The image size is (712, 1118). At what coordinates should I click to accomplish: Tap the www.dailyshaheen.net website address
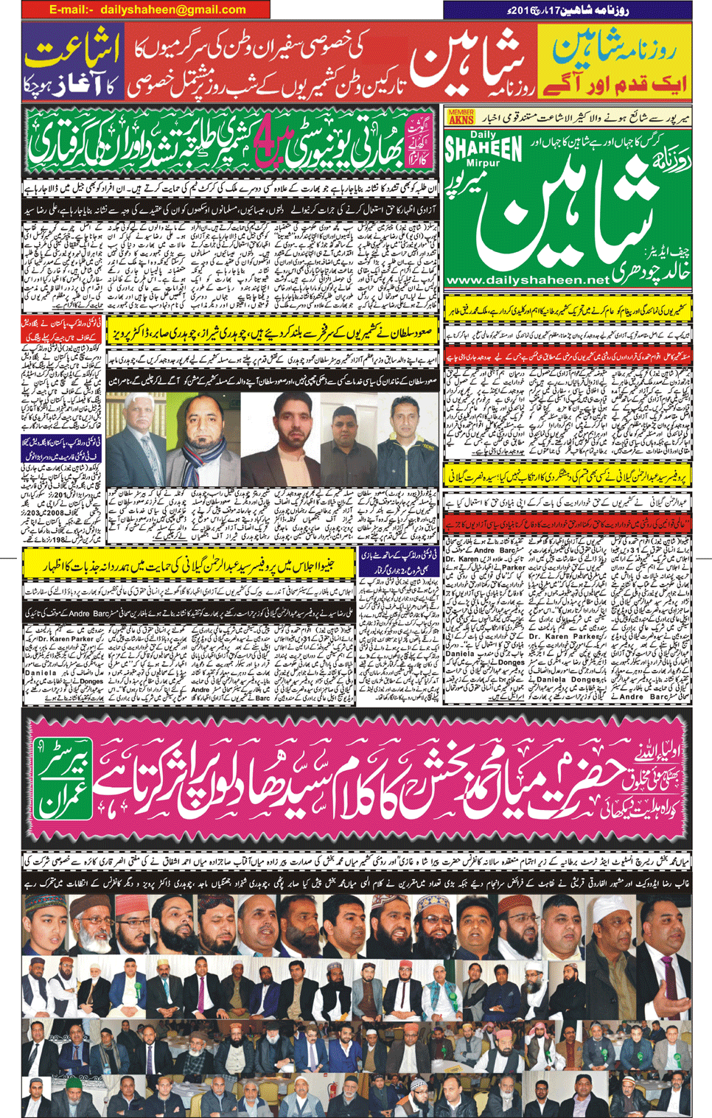click(528, 280)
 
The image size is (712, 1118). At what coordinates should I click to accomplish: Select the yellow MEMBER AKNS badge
click(460, 116)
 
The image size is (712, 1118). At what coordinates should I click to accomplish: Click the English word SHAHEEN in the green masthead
click(483, 147)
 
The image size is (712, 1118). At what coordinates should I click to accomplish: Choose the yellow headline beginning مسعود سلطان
click(273, 330)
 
